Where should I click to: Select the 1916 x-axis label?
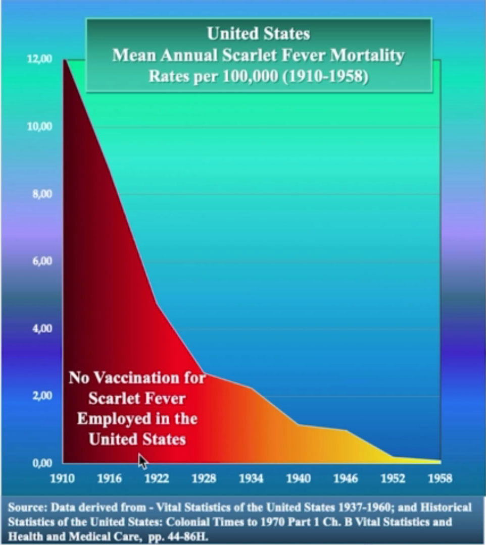click(x=109, y=478)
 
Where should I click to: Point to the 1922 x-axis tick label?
click(x=157, y=478)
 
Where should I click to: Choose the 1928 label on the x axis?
click(x=204, y=478)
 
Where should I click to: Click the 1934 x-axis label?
click(x=251, y=478)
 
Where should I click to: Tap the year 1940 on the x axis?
click(x=298, y=478)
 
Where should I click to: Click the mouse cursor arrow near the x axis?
click(x=143, y=461)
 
